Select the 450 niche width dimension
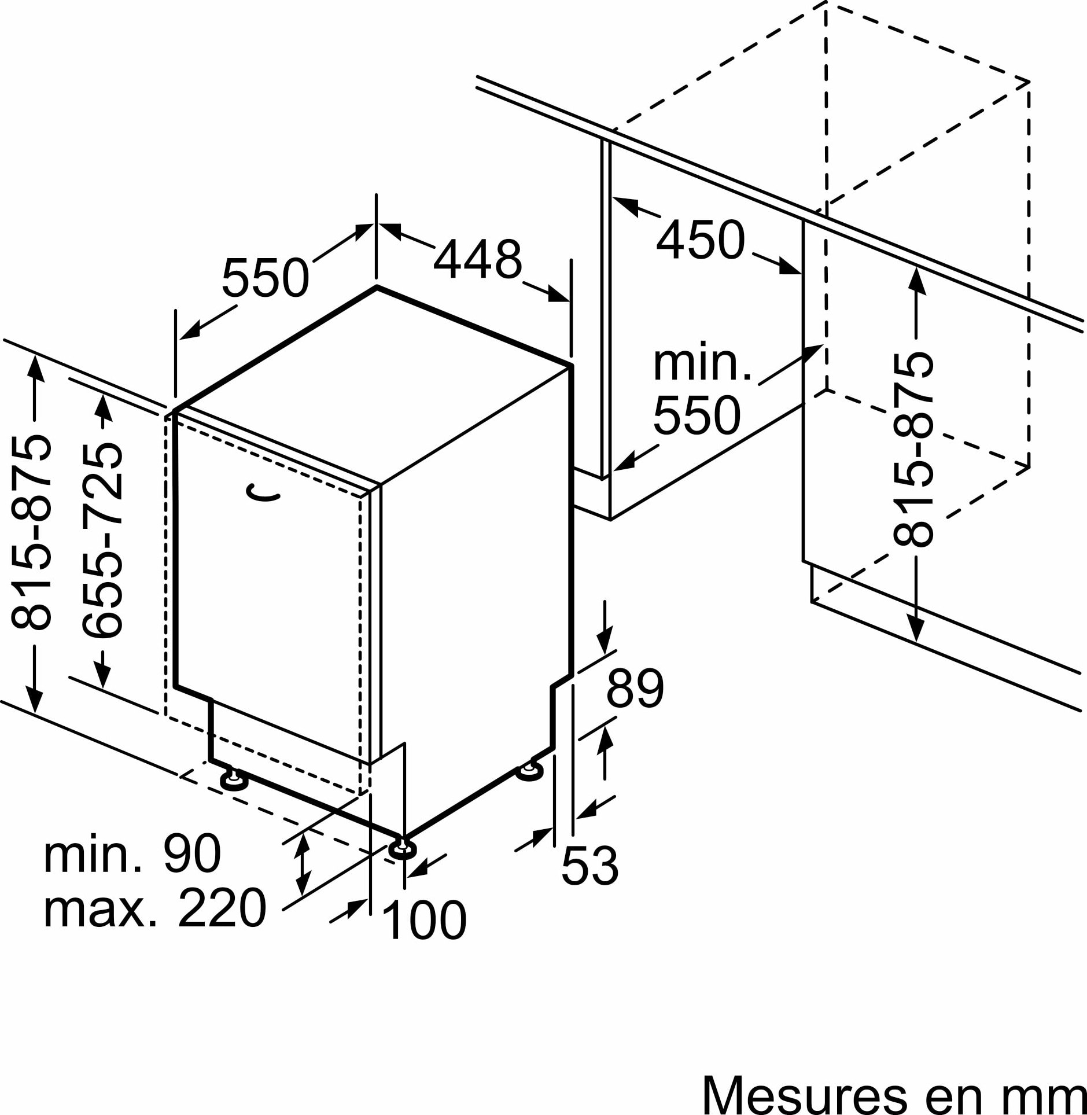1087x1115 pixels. pyautogui.click(x=700, y=239)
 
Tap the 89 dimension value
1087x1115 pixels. pyautogui.click(x=635, y=688)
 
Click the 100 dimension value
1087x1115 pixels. pyautogui.click(x=424, y=920)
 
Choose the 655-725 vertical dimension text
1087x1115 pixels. pyautogui.click(x=102, y=541)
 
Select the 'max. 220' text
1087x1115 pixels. pyautogui.click(x=155, y=908)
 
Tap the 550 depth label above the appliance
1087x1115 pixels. pyautogui.click(x=266, y=278)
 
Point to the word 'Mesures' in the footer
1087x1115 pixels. pyautogui.click(x=804, y=1095)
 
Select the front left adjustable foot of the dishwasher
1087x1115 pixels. pyautogui.click(x=234, y=779)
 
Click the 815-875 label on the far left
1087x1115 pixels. pyautogui.click(x=31, y=531)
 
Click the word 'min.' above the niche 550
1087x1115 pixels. pyautogui.click(x=702, y=363)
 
